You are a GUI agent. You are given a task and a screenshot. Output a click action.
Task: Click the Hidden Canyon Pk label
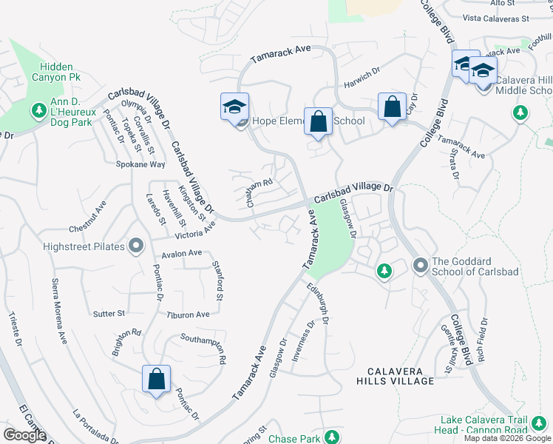click(62, 72)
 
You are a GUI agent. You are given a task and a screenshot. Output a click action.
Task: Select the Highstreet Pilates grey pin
click(136, 246)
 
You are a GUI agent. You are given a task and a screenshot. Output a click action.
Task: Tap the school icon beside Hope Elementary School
click(234, 107)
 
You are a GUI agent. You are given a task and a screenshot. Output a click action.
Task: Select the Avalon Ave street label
click(181, 253)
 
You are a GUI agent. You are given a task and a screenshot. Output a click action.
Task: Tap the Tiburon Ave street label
click(188, 314)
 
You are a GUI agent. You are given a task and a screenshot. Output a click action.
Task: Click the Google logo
click(24, 435)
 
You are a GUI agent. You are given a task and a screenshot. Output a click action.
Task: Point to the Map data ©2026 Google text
click(506, 438)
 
